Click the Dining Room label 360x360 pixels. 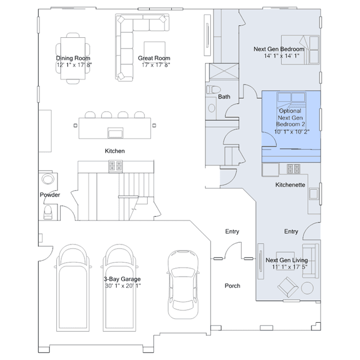73,58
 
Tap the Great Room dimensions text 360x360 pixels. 155,65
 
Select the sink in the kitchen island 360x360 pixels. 115,133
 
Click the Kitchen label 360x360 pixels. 115,151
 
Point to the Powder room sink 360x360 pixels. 48,179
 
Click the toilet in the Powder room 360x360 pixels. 48,212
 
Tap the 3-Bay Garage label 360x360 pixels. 122,279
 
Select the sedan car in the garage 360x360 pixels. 183,285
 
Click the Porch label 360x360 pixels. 232,286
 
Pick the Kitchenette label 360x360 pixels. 290,185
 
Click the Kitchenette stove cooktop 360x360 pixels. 294,169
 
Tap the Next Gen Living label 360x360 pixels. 287,260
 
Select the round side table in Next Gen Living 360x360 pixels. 307,288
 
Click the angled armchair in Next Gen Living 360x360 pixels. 288,287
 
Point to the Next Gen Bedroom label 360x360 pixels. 279,49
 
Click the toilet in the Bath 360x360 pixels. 214,90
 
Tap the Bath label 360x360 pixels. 224,97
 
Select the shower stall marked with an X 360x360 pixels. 224,72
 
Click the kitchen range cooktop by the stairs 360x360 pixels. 115,166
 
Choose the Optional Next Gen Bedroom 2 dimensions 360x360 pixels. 292,132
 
